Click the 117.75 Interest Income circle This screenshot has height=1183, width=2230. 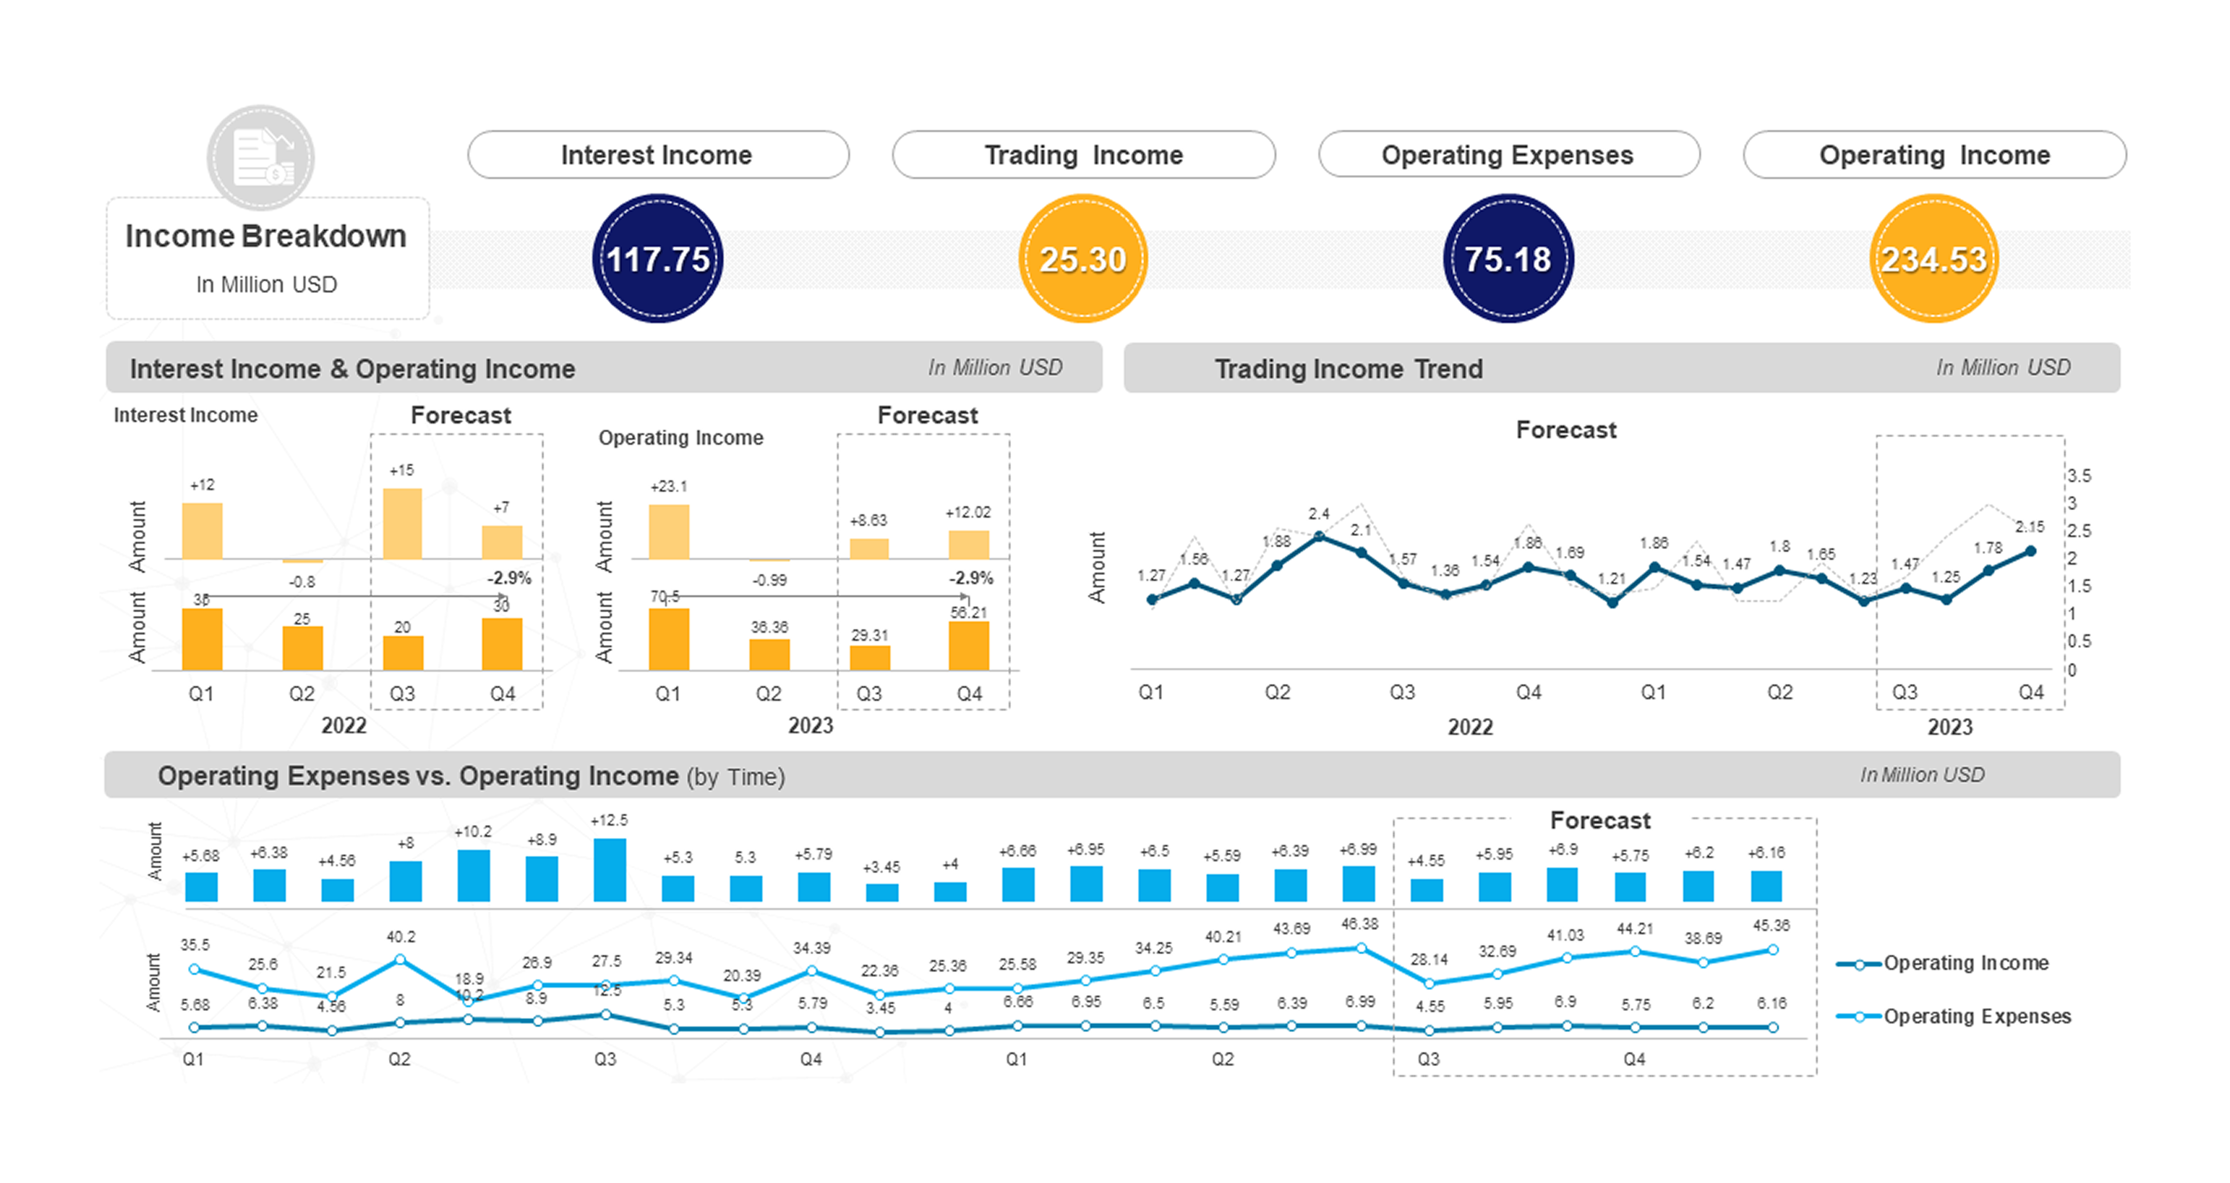657,258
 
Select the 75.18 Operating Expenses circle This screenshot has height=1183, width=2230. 1507,258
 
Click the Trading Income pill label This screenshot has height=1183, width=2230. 1083,155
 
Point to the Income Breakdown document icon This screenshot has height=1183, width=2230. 261,157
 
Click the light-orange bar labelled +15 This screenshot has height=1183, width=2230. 402,524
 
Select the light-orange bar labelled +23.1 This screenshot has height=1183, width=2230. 669,532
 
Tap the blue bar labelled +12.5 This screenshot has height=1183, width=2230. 609,870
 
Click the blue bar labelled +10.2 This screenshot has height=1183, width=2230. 473,876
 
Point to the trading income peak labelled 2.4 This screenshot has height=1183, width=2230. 1318,537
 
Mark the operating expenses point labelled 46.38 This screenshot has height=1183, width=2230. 1361,948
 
